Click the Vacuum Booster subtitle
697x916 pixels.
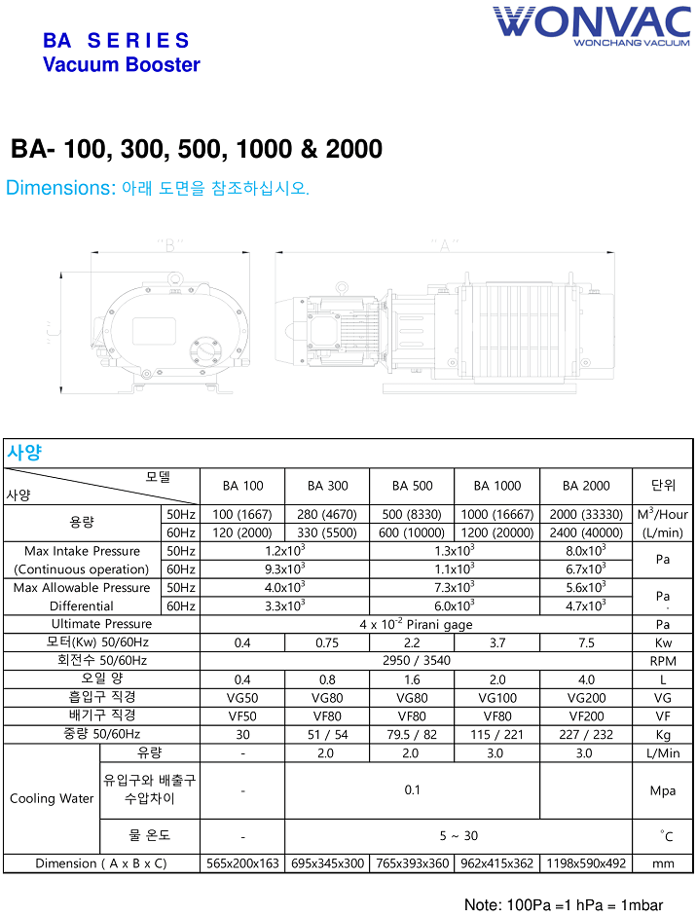click(122, 65)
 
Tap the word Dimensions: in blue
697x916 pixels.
click(61, 188)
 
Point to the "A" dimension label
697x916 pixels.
click(444, 245)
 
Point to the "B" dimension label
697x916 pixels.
click(170, 245)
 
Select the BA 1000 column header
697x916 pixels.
click(497, 486)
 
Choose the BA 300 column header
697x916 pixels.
click(327, 486)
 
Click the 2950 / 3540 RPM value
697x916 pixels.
click(413, 661)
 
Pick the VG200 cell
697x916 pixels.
click(585, 697)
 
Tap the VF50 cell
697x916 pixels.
click(242, 715)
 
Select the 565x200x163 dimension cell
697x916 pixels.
click(242, 863)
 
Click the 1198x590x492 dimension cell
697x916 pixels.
click(585, 863)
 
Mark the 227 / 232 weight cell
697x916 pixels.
click(585, 734)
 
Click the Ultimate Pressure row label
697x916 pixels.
click(101, 624)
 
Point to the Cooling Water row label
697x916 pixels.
click(52, 798)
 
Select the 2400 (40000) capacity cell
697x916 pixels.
click(585, 532)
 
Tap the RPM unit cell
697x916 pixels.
click(663, 661)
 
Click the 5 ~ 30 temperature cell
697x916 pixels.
click(458, 835)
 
